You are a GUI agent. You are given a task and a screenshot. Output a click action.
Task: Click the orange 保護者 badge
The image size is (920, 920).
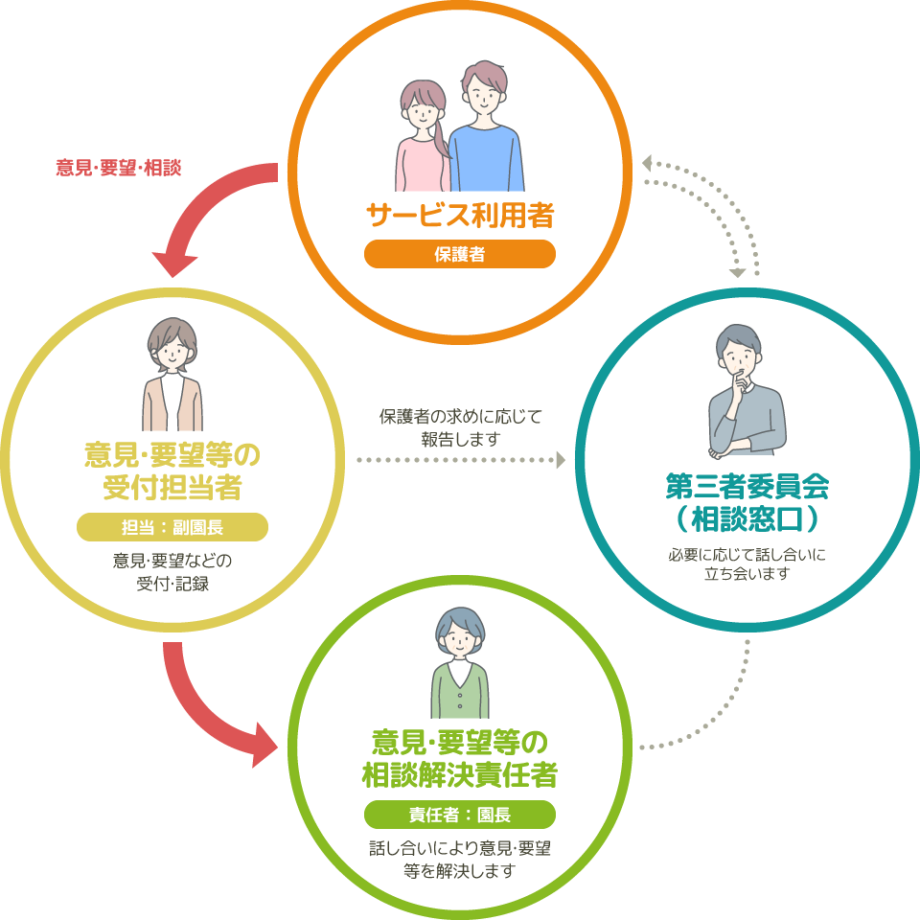[x=459, y=254]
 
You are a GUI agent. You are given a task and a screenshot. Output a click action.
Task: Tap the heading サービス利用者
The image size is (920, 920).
[x=460, y=216]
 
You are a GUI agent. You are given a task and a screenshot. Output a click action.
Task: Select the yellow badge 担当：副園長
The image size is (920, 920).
[x=172, y=528]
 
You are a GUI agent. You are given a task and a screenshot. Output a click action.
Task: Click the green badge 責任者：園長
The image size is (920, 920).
[x=460, y=815]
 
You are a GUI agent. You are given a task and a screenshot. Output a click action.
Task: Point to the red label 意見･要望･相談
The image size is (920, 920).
[x=119, y=168]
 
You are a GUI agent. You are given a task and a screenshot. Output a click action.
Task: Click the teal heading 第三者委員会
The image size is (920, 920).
[x=747, y=487]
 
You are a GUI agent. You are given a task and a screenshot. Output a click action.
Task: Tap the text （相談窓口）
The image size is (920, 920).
[x=747, y=519]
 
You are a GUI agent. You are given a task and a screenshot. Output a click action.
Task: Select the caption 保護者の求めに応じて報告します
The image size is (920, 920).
[x=461, y=428]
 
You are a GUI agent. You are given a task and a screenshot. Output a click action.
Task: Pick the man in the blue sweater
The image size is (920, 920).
[x=487, y=129]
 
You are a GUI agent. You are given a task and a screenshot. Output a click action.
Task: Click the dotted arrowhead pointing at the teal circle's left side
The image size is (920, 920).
[x=559, y=461]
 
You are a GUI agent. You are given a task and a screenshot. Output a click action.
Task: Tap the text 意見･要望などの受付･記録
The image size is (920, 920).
[x=172, y=571]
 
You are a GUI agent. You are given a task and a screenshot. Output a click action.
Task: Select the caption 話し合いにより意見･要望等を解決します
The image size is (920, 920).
[x=460, y=860]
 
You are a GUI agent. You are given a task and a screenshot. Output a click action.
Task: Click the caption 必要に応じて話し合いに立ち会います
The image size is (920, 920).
[x=747, y=563]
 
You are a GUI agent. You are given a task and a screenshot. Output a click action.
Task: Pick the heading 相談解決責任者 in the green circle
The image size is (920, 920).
[x=460, y=774]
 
